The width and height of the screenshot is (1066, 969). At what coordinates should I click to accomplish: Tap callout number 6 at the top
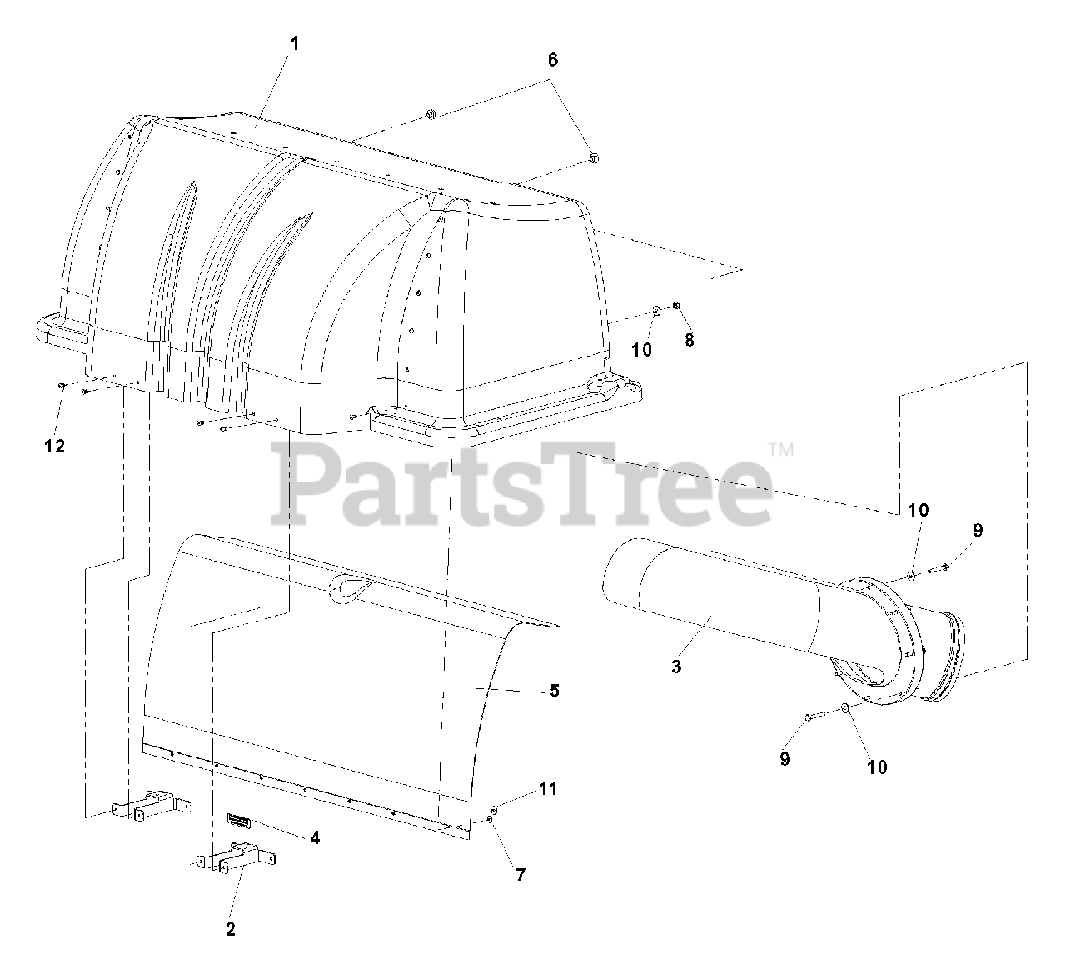coord(552,60)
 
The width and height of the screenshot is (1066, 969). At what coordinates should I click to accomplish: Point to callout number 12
coord(54,446)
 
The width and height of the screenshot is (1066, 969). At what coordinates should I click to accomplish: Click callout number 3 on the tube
coord(676,667)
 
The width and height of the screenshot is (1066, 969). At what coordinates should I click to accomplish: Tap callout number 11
coord(547,788)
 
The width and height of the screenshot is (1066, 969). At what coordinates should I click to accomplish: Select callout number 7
coord(521,875)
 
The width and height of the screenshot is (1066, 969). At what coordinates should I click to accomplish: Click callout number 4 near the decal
coord(315,837)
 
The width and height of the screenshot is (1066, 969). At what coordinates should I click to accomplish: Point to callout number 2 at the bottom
coord(231,930)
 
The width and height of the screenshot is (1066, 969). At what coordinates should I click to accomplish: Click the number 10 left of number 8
coord(641,350)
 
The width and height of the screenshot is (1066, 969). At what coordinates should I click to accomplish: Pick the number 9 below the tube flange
coord(785,759)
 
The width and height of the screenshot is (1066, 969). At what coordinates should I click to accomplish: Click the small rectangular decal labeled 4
coord(239,822)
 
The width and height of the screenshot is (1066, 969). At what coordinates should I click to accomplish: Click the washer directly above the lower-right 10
coord(844,709)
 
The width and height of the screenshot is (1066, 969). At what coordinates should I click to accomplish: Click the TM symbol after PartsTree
coord(780,450)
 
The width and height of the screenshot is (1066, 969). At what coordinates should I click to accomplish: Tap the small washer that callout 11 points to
coord(494,809)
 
